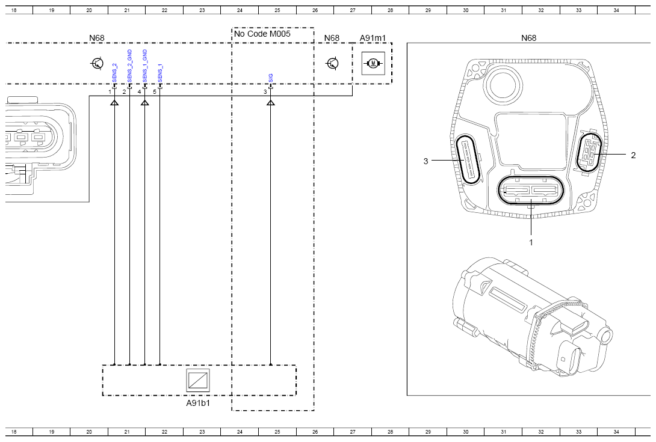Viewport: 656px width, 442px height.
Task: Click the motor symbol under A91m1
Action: pyautogui.click(x=373, y=63)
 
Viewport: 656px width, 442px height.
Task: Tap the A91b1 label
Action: pyautogui.click(x=198, y=403)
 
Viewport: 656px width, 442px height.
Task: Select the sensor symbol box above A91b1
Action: pyautogui.click(x=198, y=380)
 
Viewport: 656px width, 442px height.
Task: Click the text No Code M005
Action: pyautogui.click(x=262, y=34)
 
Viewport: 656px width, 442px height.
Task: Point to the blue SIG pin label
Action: pyautogui.click(x=271, y=78)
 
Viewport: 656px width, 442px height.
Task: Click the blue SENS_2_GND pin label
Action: pyautogui.click(x=129, y=66)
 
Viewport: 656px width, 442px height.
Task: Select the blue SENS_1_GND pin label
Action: pyautogui.click(x=145, y=66)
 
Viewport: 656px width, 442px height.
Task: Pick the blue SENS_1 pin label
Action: pyautogui.click(x=160, y=73)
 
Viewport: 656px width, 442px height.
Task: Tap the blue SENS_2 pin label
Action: pyautogui.click(x=114, y=73)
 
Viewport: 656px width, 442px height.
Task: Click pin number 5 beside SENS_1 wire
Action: pyautogui.click(x=155, y=91)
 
